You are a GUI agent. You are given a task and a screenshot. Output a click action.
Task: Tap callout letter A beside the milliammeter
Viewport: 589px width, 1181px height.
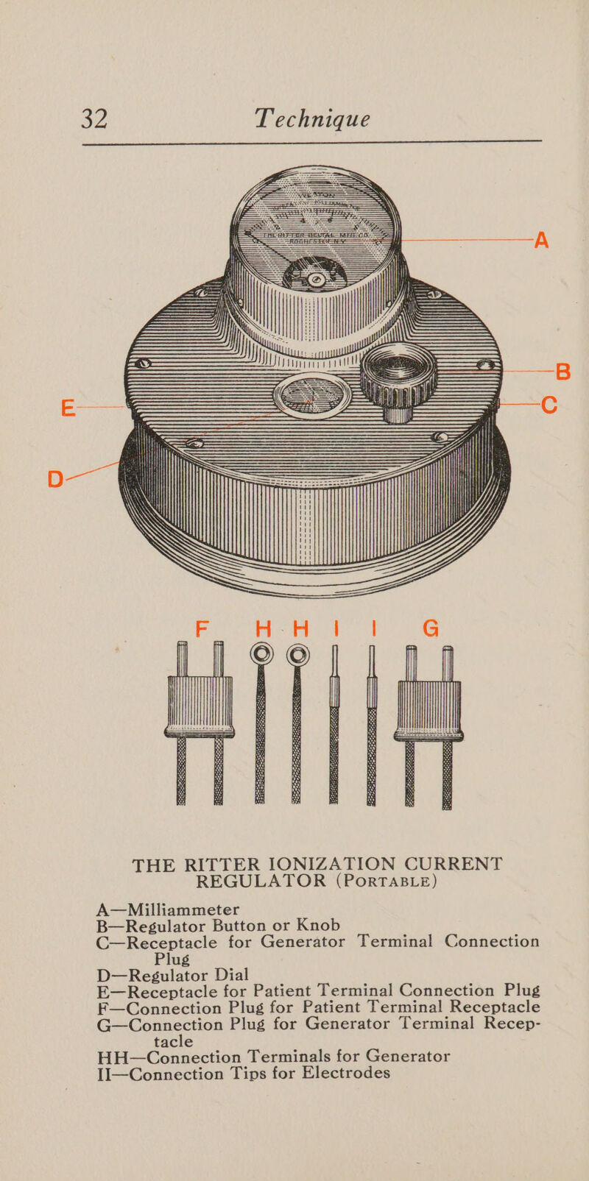pyautogui.click(x=541, y=239)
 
